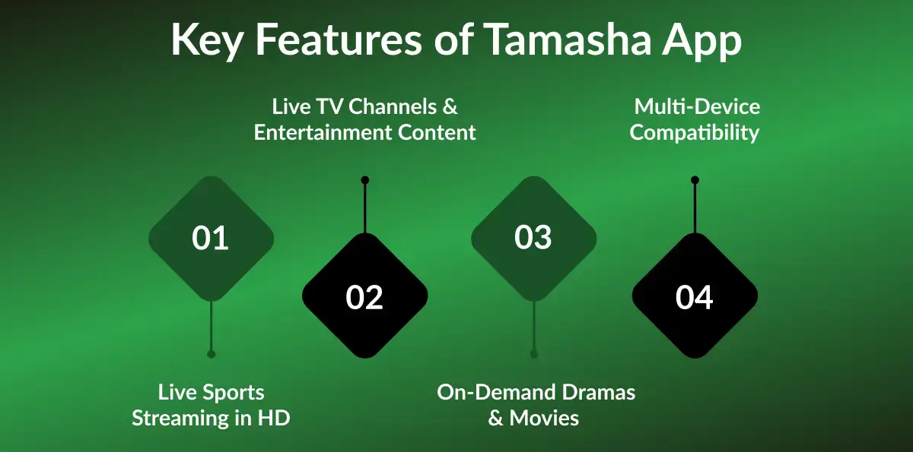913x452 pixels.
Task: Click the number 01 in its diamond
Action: [x=211, y=239]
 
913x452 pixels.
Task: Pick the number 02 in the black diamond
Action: [x=364, y=297]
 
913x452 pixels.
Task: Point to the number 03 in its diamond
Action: [x=533, y=238]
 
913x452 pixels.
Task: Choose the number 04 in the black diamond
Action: [x=695, y=297]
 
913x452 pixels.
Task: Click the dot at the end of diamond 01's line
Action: [x=211, y=354]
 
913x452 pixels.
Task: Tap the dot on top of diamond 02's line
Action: [x=365, y=180]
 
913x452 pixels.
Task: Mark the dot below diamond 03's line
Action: [x=534, y=354]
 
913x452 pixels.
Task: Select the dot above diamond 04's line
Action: [x=695, y=180]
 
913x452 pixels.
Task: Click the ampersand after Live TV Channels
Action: [x=450, y=106]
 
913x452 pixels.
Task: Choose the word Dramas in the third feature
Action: [x=598, y=393]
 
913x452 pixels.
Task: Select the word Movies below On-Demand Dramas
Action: [x=544, y=418]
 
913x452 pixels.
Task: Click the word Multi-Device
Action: [x=697, y=106]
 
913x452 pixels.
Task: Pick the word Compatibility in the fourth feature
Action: [x=695, y=132]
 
